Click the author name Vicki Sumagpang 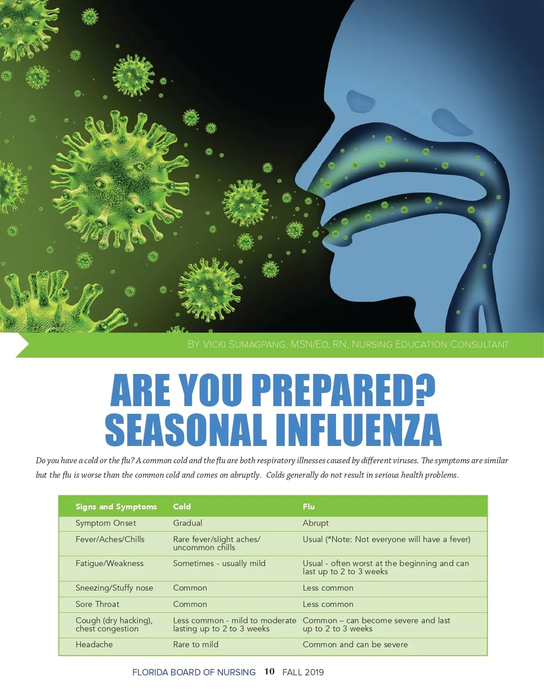(x=244, y=344)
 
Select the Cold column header (x=182, y=507)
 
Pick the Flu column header (x=309, y=507)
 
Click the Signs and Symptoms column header (x=116, y=507)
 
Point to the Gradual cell (x=188, y=523)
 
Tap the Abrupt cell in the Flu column (x=316, y=523)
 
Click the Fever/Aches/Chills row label (x=110, y=539)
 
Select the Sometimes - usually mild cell (x=219, y=563)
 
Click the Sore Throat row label (x=97, y=604)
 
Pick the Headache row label (x=94, y=645)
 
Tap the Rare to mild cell (x=195, y=645)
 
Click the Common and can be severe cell (x=355, y=645)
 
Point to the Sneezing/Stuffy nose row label (x=114, y=588)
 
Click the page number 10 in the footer (x=269, y=672)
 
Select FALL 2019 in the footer (x=303, y=672)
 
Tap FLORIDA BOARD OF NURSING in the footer (x=194, y=672)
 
